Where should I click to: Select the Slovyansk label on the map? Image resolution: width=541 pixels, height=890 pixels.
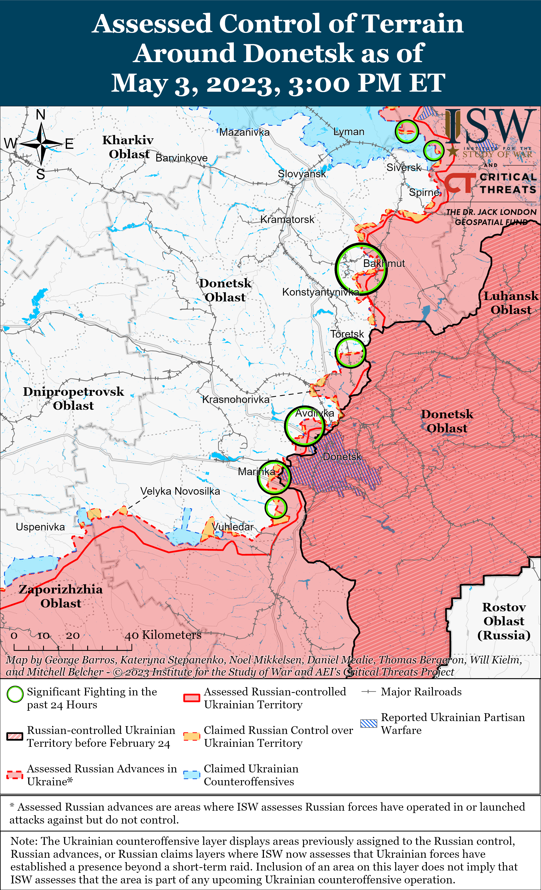click(301, 174)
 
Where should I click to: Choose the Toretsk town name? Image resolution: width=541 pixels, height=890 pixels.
click(347, 334)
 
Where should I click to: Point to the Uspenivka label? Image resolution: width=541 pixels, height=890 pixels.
click(40, 527)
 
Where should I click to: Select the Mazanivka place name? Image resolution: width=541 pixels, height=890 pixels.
click(244, 132)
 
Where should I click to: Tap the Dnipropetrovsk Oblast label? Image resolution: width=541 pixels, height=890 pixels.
click(73, 398)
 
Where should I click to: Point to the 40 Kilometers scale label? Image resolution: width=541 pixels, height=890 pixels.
click(163, 635)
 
